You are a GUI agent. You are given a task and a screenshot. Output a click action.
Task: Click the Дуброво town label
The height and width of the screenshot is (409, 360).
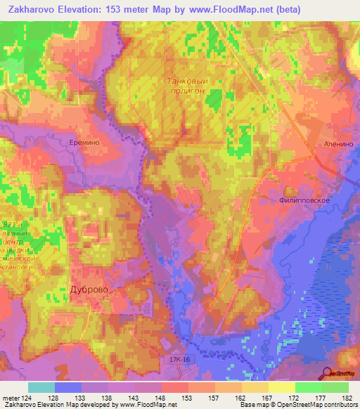89,289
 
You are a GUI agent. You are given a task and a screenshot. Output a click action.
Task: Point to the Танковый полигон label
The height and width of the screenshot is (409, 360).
187,86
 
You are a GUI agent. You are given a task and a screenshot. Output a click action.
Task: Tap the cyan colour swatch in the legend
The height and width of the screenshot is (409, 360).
41,387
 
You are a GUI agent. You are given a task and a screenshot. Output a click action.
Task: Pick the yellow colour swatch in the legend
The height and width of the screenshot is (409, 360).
282,387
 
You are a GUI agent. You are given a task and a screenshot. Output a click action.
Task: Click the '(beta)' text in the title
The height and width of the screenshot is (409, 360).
288,10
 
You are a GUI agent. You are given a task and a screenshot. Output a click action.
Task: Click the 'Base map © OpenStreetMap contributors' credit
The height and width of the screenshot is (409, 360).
299,405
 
